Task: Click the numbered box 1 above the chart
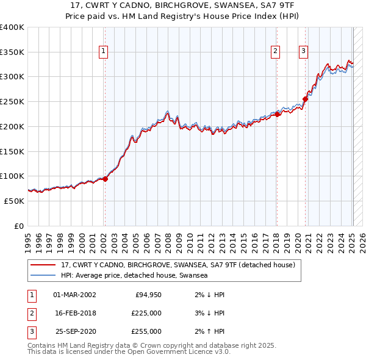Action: pyautogui.click(x=104, y=52)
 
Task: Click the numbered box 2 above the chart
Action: pyautogui.click(x=276, y=52)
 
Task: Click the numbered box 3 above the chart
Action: pyautogui.click(x=303, y=52)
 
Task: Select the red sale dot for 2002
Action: pyautogui.click(x=105, y=179)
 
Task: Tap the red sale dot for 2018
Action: pyautogui.click(x=276, y=113)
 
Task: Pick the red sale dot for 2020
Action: pyautogui.click(x=305, y=99)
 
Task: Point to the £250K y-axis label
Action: pyautogui.click(x=12, y=102)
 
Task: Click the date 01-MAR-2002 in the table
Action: pyautogui.click(x=74, y=295)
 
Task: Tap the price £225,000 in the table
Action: pyautogui.click(x=146, y=313)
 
